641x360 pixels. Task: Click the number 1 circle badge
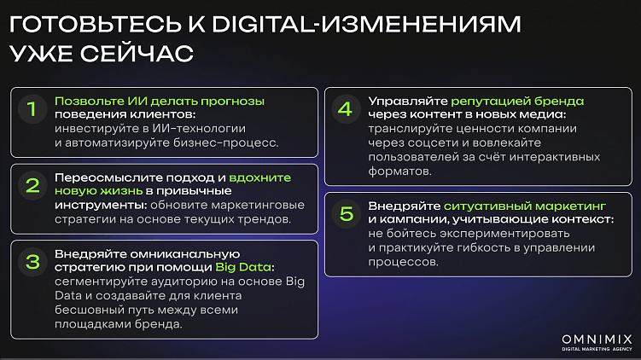tap(32, 109)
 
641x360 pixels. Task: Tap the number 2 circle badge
tap(32, 186)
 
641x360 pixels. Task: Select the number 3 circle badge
tap(32, 262)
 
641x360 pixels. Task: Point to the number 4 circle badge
tap(345, 109)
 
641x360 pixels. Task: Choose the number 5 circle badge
tap(345, 213)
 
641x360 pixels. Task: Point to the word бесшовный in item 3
tap(88, 311)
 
